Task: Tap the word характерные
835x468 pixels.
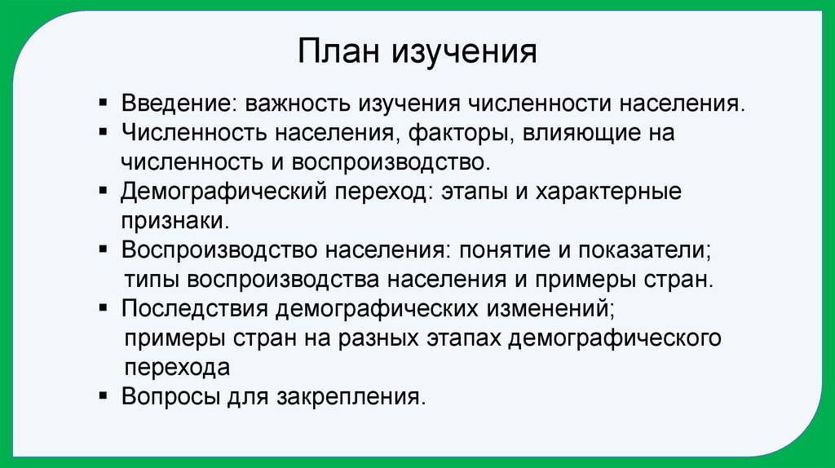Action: (616, 192)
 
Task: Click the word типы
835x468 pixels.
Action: (152, 279)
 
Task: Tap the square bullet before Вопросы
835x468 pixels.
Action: (102, 395)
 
